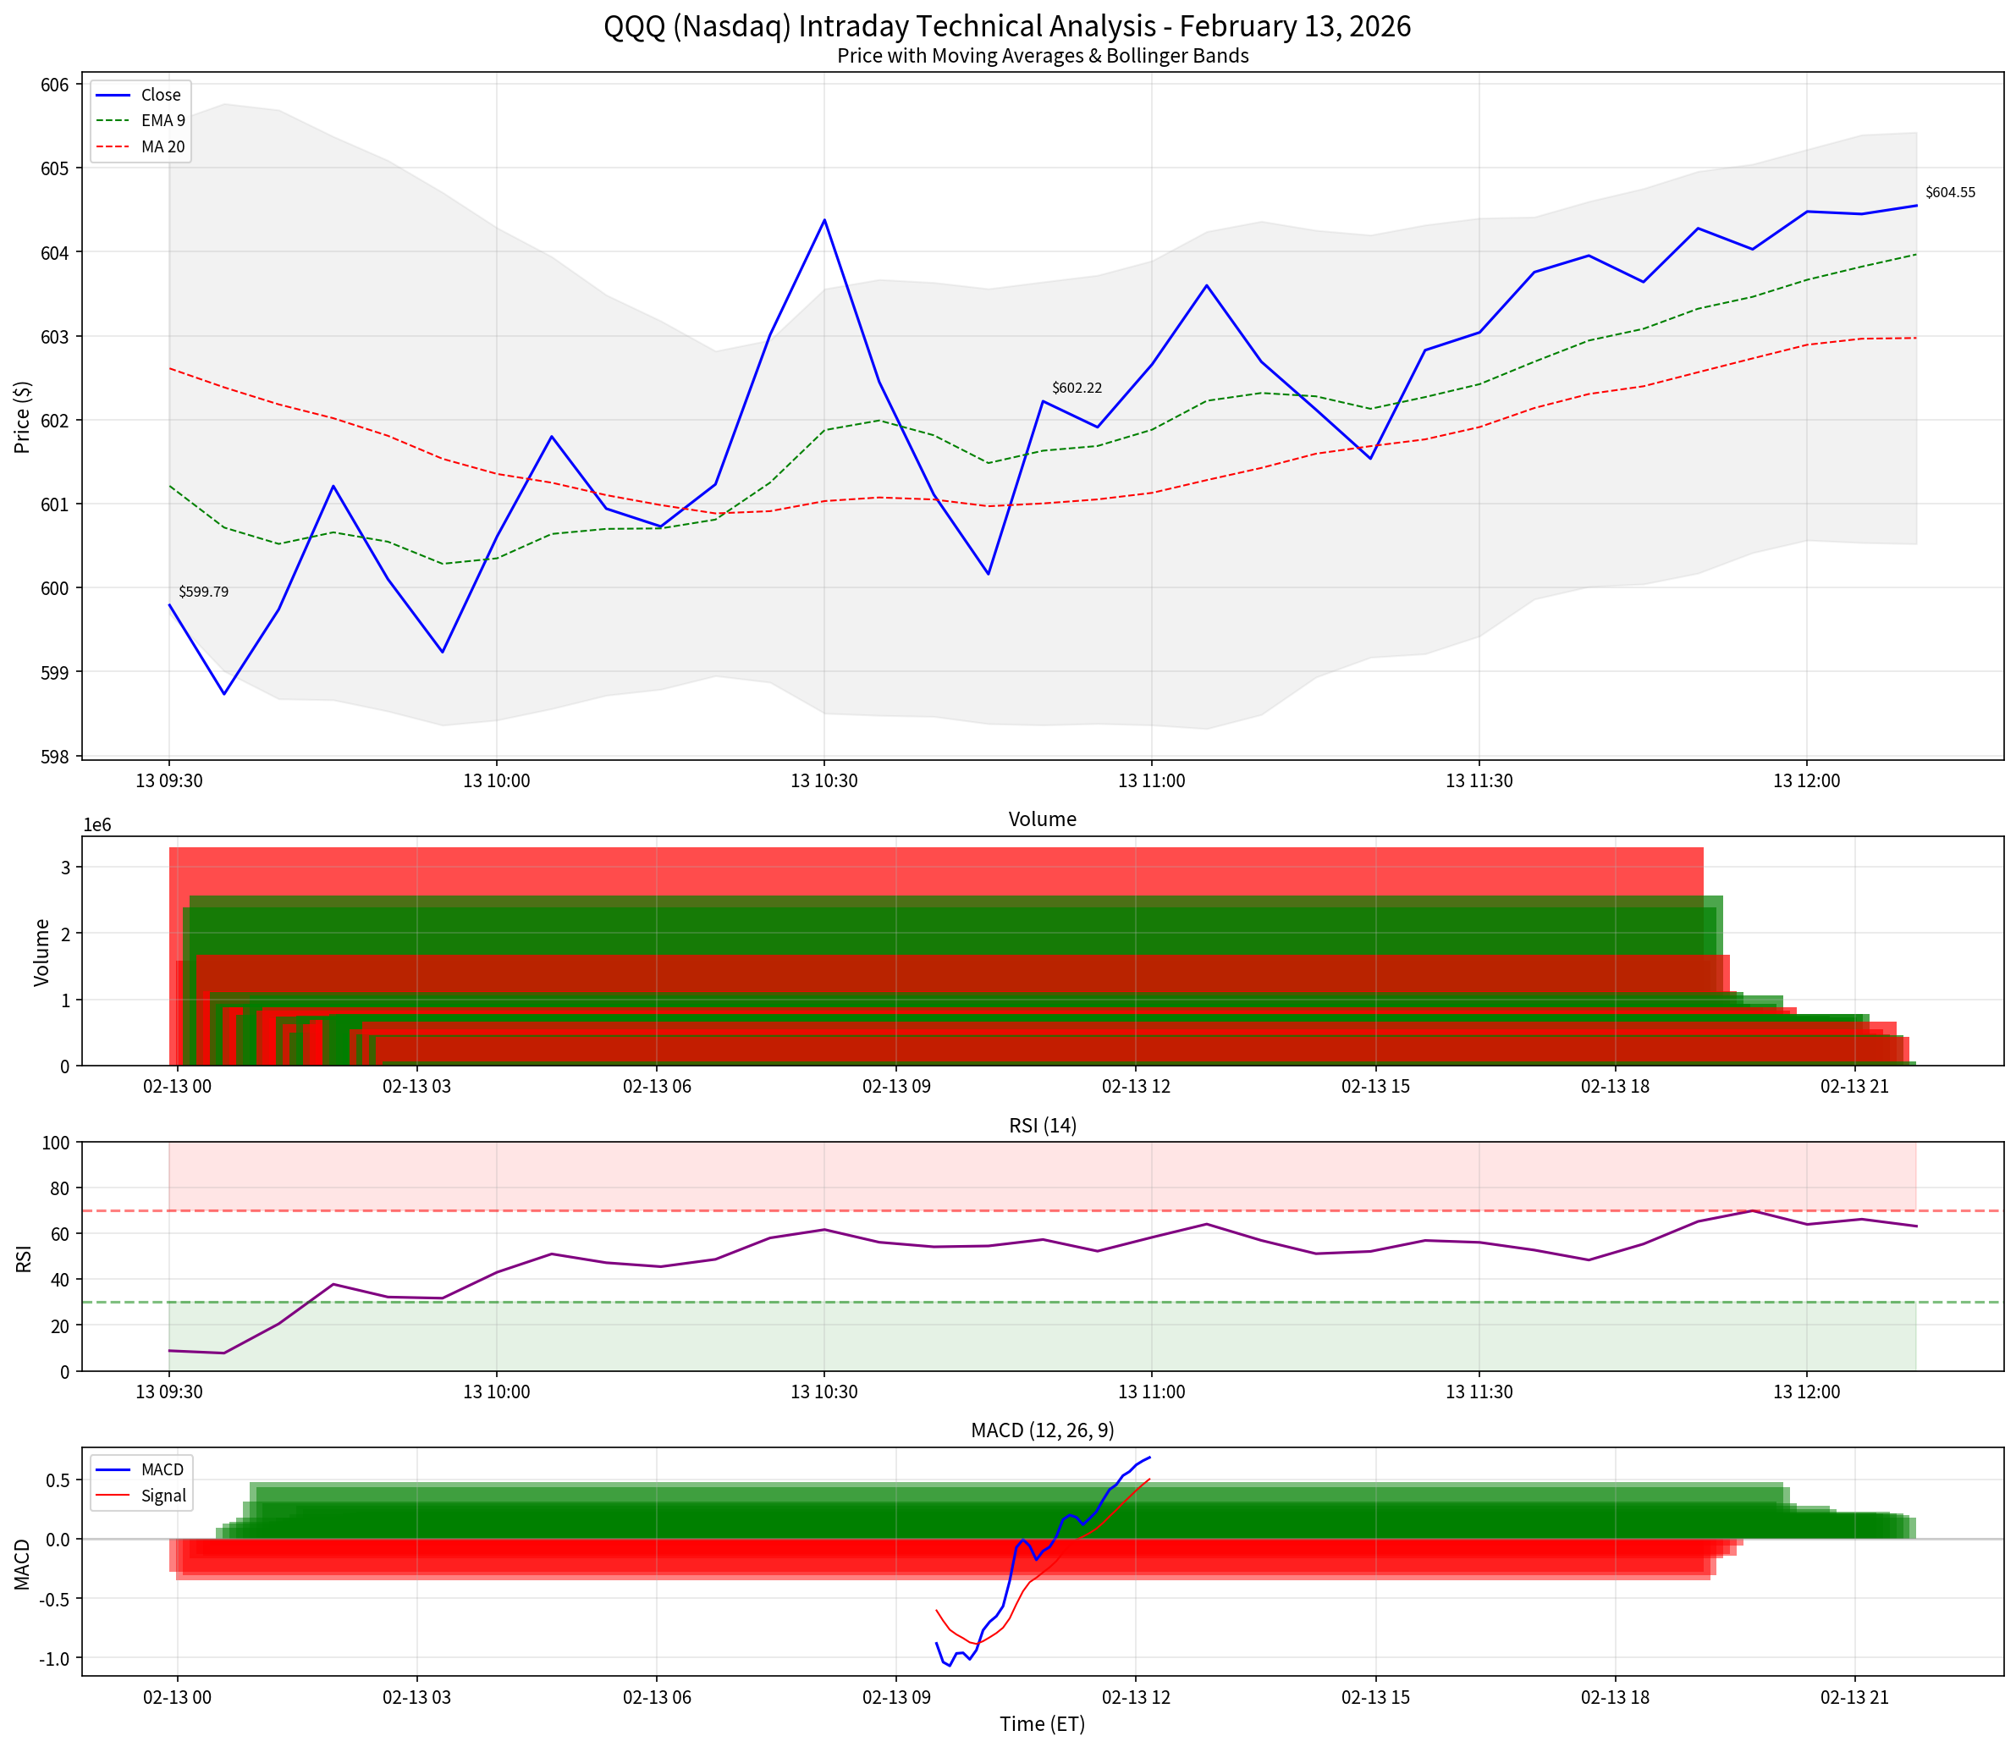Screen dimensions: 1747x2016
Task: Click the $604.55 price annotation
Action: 1950,192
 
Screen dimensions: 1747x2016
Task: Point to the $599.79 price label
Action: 203,592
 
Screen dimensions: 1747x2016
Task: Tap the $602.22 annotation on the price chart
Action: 1077,388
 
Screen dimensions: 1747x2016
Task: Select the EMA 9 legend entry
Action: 162,121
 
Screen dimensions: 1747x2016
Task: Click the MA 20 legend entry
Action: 162,147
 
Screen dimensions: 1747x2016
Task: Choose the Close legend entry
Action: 160,95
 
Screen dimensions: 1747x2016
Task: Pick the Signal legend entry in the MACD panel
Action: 162,1496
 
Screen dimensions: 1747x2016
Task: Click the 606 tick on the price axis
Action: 55,85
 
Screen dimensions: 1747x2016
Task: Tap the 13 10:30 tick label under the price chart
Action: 823,781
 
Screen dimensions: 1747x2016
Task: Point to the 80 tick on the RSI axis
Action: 60,1188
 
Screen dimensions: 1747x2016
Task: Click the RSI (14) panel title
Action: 1042,1126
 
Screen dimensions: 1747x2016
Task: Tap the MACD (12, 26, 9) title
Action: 1042,1430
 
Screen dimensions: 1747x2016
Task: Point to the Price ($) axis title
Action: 22,417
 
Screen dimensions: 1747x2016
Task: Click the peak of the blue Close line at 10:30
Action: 823,220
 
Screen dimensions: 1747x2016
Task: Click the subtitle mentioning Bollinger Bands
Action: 1042,57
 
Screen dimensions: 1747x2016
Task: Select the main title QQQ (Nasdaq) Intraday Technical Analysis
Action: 1007,25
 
